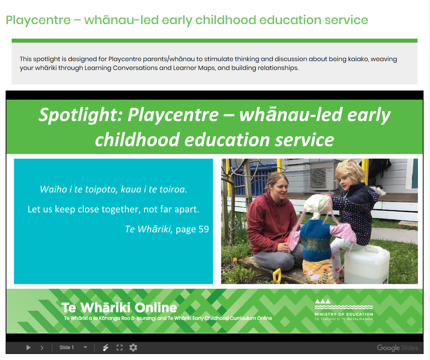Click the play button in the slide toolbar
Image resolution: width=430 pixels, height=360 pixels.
coord(28,348)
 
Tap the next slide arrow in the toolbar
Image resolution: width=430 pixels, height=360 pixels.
coord(42,348)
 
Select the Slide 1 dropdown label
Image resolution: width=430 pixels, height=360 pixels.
coord(67,348)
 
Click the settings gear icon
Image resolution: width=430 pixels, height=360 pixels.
coord(133,348)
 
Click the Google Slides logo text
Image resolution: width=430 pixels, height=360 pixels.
coord(398,348)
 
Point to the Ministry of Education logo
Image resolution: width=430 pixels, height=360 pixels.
coord(343,310)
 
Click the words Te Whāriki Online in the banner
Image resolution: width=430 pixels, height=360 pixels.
coord(119,307)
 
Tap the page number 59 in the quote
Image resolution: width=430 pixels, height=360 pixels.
coord(203,229)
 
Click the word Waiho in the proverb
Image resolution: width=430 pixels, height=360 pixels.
coord(54,189)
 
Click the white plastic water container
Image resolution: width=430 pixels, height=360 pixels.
coord(367,265)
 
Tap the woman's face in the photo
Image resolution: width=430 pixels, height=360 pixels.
coord(280,189)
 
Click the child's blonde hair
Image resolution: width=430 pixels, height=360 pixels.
coord(349,171)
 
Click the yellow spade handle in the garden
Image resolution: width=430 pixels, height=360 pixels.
coord(277,276)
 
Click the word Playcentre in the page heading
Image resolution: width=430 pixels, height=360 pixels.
coord(38,20)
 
